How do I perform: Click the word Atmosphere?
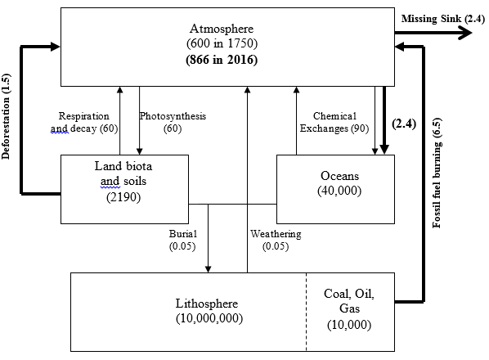click(222, 29)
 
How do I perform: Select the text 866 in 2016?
click(222, 59)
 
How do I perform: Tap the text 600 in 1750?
click(222, 43)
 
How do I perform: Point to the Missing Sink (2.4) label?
click(443, 19)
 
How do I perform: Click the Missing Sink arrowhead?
click(465, 33)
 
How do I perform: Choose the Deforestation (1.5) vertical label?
click(6, 116)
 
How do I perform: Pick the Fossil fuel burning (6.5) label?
click(437, 173)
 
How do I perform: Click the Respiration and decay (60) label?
click(84, 122)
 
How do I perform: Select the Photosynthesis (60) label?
click(173, 122)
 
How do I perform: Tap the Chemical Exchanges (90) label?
click(334, 122)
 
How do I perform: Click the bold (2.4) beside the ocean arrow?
click(404, 124)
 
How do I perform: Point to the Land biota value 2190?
click(123, 197)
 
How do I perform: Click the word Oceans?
click(339, 176)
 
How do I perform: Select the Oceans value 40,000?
click(339, 191)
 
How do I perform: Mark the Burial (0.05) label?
click(182, 240)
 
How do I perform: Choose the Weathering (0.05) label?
click(276, 240)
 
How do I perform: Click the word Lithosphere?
click(207, 304)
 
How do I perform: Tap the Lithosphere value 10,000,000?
click(209, 318)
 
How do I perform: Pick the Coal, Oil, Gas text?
click(349, 301)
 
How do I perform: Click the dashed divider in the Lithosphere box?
click(307, 312)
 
